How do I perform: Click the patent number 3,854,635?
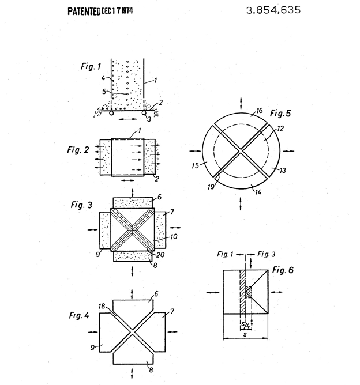click(273, 10)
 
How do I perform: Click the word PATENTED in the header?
click(84, 12)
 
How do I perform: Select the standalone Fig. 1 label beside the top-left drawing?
click(91, 66)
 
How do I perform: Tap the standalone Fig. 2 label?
click(78, 149)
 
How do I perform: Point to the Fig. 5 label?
click(280, 113)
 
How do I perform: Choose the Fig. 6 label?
click(283, 270)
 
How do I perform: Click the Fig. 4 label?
click(79, 315)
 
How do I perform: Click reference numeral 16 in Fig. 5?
click(260, 111)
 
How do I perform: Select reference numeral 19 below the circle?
click(211, 187)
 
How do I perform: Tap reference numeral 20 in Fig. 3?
click(160, 255)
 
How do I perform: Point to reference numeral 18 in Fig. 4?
click(102, 306)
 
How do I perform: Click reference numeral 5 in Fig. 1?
click(104, 92)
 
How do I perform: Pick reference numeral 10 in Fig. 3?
click(174, 237)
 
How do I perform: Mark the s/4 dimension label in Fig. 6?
click(246, 325)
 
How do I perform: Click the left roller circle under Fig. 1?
click(111, 113)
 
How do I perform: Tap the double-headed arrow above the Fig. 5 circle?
click(241, 103)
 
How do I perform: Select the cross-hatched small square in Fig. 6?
click(249, 292)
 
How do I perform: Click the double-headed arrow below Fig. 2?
click(128, 180)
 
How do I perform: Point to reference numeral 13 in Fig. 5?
click(283, 170)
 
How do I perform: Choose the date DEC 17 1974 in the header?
click(117, 11)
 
